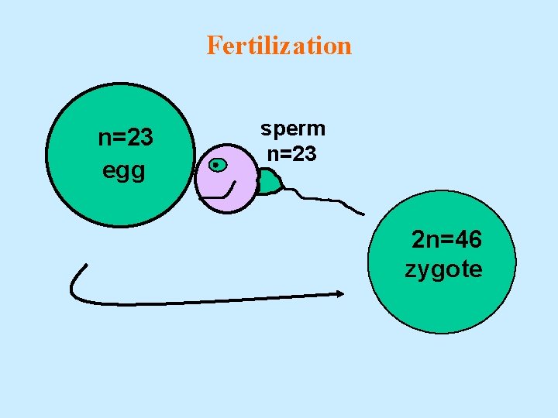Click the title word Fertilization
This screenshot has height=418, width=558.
279,46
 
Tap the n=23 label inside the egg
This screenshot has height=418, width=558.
126,138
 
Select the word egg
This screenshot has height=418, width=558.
124,170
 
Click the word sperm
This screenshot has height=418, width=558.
293,128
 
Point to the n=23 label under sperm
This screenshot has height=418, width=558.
291,154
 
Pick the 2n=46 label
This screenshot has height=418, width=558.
447,240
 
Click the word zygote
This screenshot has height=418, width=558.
443,269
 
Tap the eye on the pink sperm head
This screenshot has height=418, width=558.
218,164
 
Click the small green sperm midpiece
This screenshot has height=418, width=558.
269,183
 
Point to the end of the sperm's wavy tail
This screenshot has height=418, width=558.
362,212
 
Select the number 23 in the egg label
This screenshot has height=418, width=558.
139,138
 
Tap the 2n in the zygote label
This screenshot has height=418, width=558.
424,240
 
